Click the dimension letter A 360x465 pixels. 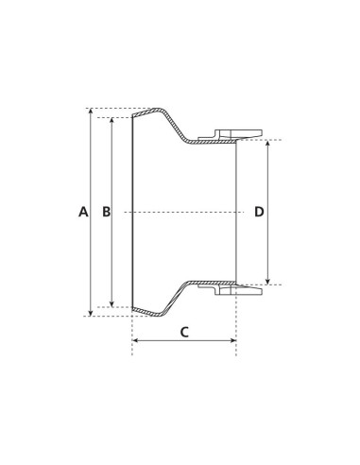[x=83, y=212]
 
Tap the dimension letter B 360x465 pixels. [x=106, y=212]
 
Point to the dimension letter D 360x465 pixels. [x=259, y=212]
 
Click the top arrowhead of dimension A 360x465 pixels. [x=91, y=112]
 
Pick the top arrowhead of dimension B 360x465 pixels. [x=112, y=121]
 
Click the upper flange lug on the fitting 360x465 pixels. [x=236, y=133]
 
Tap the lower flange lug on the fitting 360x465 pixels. [x=236, y=290]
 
